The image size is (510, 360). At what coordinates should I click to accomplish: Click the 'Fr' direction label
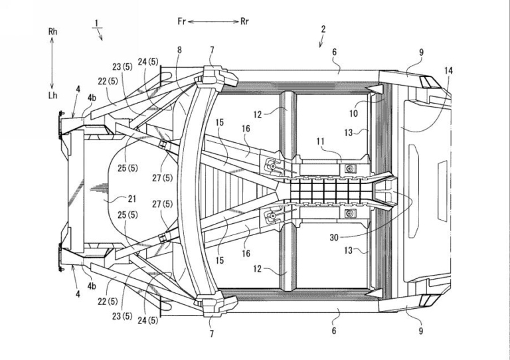point(181,21)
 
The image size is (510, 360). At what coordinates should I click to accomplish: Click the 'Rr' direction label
point(244,21)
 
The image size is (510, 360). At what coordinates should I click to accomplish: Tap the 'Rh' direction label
point(52,31)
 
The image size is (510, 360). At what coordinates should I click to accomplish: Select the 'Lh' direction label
point(52,95)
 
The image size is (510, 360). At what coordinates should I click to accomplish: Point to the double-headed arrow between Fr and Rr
point(213,22)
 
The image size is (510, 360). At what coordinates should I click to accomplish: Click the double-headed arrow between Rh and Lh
point(52,63)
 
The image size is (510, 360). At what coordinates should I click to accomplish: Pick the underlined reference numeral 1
point(96,23)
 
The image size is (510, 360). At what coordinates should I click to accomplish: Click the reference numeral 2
point(323,29)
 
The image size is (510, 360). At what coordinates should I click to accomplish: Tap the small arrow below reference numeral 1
point(100,35)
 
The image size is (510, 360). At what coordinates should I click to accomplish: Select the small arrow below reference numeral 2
point(321,41)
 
